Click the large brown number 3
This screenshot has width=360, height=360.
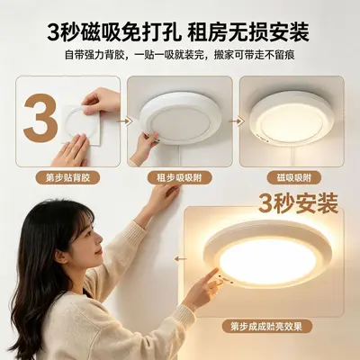[40, 115]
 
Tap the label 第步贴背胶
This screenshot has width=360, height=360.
[67, 178]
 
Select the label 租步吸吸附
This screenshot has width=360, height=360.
[179, 178]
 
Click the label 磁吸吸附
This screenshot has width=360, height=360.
[294, 178]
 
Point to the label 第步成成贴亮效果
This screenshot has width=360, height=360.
[266, 327]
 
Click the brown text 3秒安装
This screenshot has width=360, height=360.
[298, 203]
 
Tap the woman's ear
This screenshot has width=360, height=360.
[61, 256]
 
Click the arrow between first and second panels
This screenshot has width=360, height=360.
[124, 121]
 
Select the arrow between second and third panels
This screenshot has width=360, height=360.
[237, 121]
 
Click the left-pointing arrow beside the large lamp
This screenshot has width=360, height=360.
[181, 258]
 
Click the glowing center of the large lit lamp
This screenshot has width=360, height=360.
[267, 260]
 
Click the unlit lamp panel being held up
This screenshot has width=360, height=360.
[180, 118]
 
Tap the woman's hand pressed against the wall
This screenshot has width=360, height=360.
[165, 197]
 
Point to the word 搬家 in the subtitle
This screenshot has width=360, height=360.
[224, 55]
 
